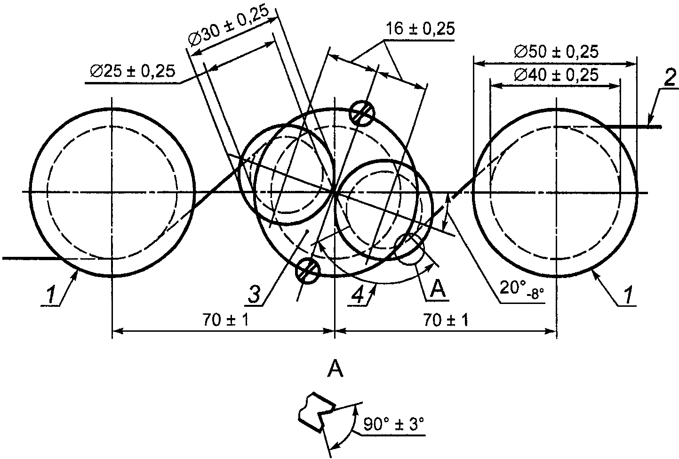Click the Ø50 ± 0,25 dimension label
coord(556,52)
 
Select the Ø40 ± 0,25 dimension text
coord(556,75)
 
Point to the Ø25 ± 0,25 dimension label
coord(133,72)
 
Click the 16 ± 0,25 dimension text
coord(420,29)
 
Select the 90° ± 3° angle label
coord(393,424)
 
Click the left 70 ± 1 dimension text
coord(225,320)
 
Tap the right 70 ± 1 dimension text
coord(446,320)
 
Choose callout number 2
coord(670,78)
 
